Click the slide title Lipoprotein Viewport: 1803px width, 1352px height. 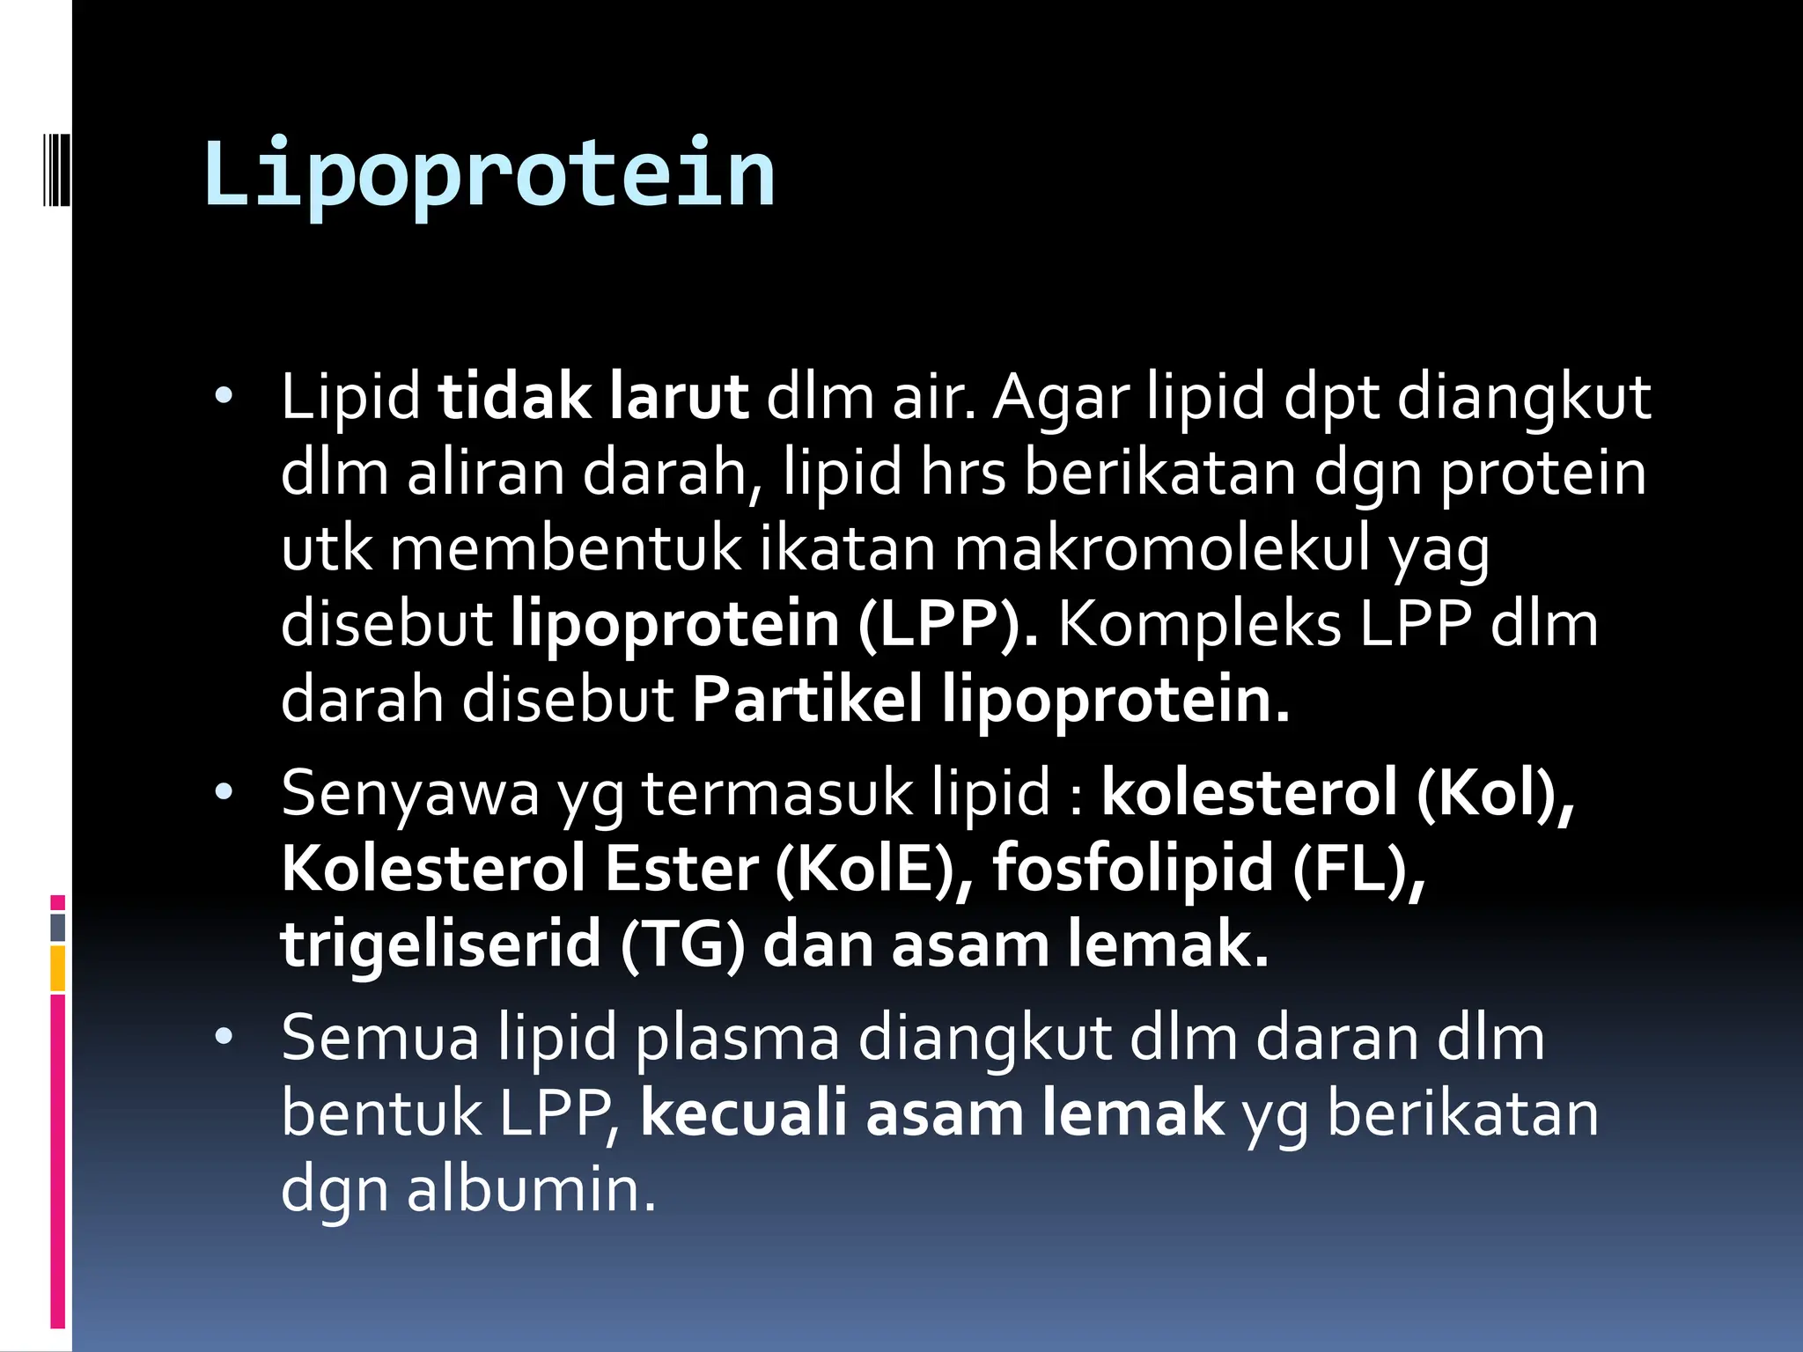click(x=489, y=173)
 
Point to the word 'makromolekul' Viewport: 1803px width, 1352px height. click(x=1162, y=548)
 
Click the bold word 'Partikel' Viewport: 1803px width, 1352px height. click(x=807, y=700)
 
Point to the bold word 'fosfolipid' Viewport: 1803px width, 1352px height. click(x=1133, y=869)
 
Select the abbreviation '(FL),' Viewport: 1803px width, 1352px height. click(x=1358, y=869)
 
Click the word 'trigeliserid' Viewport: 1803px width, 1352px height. click(x=440, y=944)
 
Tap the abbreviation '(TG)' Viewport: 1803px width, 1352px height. click(x=682, y=944)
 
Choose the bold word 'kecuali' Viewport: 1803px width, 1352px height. click(x=743, y=1113)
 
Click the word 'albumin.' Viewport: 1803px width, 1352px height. click(x=531, y=1189)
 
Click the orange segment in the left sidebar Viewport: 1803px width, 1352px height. click(x=58, y=968)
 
